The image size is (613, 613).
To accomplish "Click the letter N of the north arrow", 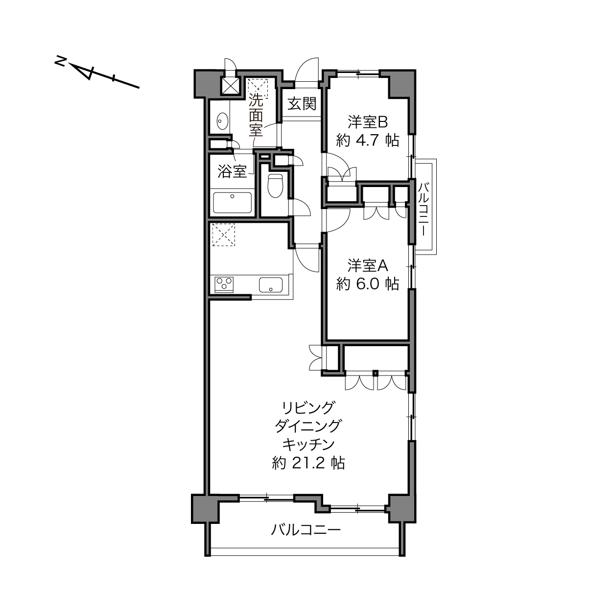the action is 60,61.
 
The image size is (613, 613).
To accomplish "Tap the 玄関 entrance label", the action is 302,103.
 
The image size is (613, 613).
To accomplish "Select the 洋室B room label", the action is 367,122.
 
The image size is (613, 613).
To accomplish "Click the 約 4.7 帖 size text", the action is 367,141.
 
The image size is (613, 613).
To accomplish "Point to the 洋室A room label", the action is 367,266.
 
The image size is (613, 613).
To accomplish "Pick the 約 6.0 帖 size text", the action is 367,284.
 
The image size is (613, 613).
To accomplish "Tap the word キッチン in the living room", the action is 308,445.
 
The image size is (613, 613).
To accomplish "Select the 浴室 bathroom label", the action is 232,172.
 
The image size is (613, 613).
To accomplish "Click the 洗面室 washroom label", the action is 256,115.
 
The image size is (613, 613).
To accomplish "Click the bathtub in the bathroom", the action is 232,202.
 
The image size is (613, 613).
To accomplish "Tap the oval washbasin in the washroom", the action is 222,121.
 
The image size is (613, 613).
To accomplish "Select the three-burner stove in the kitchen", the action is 224,284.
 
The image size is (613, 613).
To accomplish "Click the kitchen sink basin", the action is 271,284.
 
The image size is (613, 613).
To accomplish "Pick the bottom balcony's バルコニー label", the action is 306,530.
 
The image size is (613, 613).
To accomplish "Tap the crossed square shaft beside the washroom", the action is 230,85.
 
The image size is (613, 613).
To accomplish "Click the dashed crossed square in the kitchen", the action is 223,235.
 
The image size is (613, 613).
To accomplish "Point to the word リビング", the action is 308,408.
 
